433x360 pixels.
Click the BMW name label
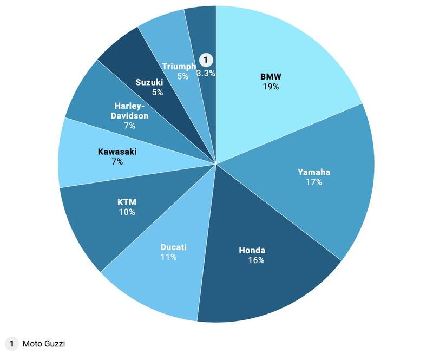tap(271, 76)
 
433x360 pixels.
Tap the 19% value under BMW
tap(271, 86)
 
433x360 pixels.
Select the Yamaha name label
tap(313, 172)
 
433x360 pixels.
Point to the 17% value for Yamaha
tap(313, 182)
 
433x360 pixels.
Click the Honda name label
tap(252, 250)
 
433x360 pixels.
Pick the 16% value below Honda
tap(255, 260)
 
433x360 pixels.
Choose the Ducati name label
tap(173, 247)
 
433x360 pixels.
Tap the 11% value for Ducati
tap(168, 257)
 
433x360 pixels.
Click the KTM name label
tap(127, 202)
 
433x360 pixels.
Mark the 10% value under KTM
tap(127, 212)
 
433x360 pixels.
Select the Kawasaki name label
tap(117, 152)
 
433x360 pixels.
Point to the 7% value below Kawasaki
tap(117, 161)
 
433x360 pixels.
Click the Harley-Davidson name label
tap(129, 110)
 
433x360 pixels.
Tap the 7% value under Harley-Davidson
tap(129, 126)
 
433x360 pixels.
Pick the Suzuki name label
tap(149, 82)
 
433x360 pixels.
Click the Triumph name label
tap(179, 66)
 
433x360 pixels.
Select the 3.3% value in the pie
tap(206, 73)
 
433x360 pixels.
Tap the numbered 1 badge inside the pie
tap(206, 60)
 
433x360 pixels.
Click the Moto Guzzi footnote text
tap(44, 344)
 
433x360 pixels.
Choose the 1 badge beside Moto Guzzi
tap(11, 344)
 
